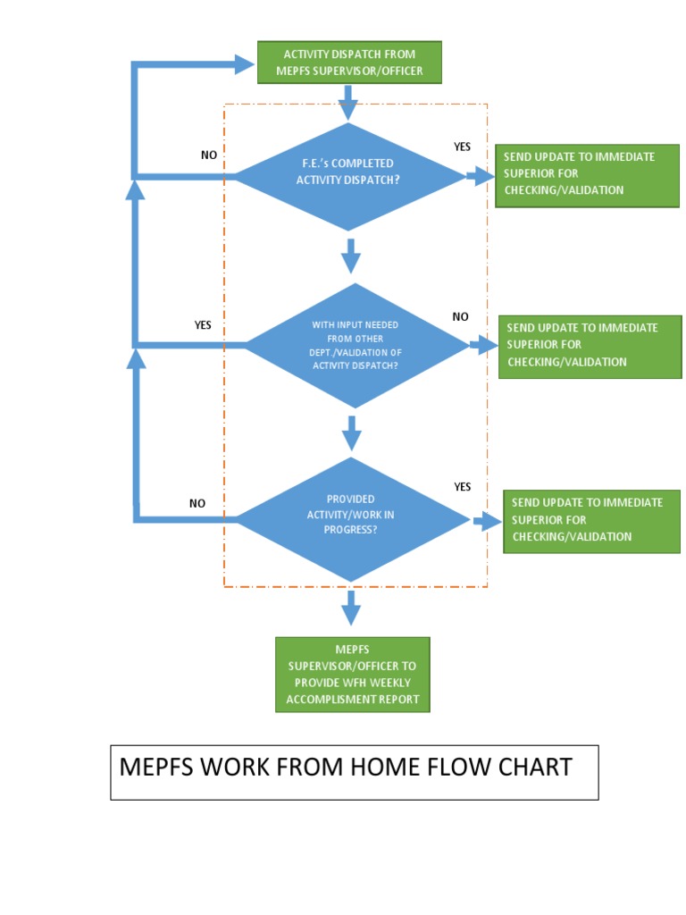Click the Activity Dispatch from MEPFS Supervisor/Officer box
click(x=348, y=63)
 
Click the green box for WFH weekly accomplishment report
click(x=352, y=675)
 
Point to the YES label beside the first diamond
click(x=462, y=147)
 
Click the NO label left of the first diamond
click(x=209, y=155)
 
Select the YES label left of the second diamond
click(x=203, y=325)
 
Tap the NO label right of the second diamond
click(x=460, y=316)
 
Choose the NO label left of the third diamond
click(x=197, y=503)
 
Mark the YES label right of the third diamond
click(x=462, y=487)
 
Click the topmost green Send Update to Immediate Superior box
click(x=587, y=174)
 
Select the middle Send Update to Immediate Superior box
click(x=590, y=346)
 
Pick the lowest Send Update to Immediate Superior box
click(x=591, y=520)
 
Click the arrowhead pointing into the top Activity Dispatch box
click(x=244, y=63)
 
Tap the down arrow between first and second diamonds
click(x=351, y=257)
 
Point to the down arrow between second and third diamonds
click(x=352, y=433)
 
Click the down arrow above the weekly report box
click(x=351, y=609)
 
